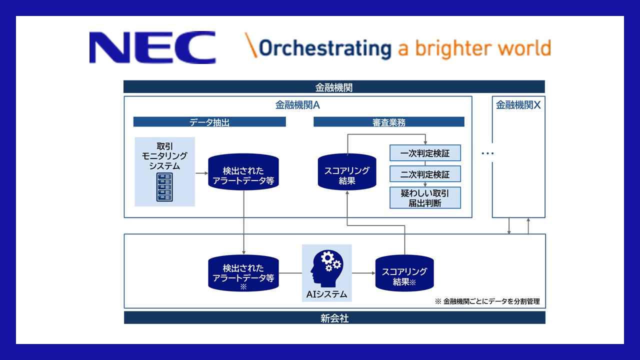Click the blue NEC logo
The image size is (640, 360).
pos(152,48)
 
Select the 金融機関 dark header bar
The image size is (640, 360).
pos(334,87)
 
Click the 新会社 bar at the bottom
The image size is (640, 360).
pos(334,318)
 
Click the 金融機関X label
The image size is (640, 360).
pos(518,105)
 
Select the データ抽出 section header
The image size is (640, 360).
pos(209,122)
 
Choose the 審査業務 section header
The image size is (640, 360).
pos(388,122)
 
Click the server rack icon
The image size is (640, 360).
pos(164,187)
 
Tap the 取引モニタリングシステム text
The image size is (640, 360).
pos(164,156)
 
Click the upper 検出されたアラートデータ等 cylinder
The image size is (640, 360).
pos(243,171)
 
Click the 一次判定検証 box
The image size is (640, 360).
pos(425,152)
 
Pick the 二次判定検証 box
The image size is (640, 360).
pos(425,174)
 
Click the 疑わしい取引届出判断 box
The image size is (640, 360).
pos(425,198)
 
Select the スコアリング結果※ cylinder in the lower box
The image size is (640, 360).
pos(404,274)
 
